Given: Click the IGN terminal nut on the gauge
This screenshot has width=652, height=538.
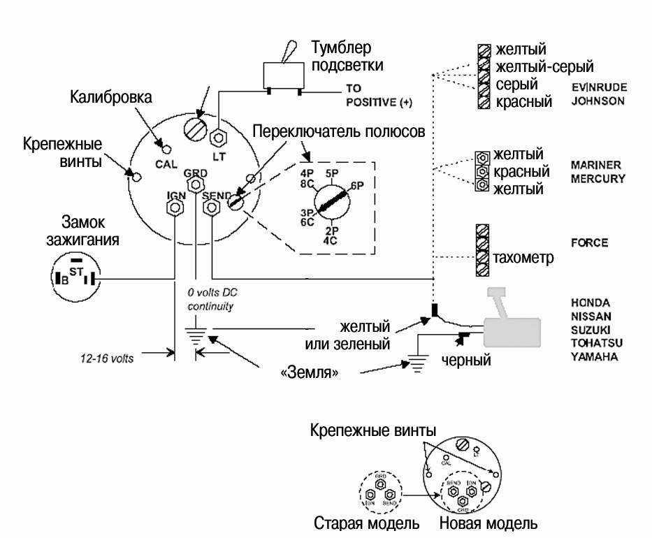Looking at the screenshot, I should coord(175,208).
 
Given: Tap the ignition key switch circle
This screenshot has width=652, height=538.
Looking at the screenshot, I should coord(73,278).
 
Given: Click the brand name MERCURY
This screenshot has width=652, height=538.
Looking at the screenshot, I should coord(597,178).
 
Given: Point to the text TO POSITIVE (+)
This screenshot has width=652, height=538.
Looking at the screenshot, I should coord(378,96).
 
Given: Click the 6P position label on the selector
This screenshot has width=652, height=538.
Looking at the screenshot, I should coord(356,187).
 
